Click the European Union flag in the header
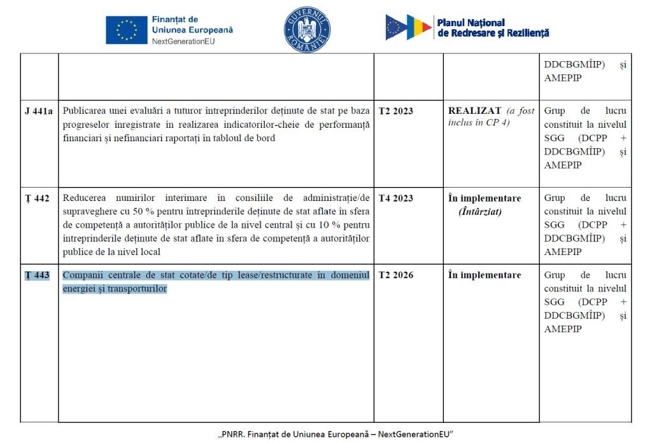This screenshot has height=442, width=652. point(126,31)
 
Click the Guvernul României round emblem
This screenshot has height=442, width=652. point(307,30)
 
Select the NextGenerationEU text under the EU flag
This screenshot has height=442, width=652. point(185,41)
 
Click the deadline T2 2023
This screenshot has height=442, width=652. point(395,111)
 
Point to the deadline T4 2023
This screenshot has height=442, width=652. point(395,198)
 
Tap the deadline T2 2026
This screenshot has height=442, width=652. point(395,275)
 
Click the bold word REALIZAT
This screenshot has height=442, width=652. point(474,111)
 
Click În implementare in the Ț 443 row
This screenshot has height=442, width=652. point(485,275)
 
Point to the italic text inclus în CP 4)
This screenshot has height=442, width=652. point(478,123)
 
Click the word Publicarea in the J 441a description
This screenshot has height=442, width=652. point(85,111)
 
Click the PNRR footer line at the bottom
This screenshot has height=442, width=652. point(335,434)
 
